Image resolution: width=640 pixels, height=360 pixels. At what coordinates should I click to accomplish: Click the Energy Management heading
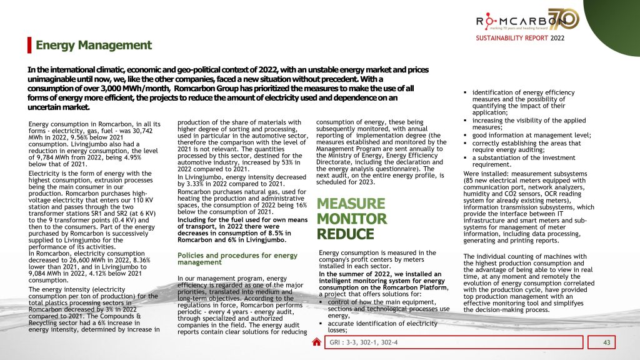pos(94,45)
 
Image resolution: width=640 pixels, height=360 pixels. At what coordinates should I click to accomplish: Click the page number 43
pos(606,342)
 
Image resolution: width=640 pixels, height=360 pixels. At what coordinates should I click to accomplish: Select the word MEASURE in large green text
pos(351,204)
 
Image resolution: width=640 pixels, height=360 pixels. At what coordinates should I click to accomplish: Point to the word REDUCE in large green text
pos(345,234)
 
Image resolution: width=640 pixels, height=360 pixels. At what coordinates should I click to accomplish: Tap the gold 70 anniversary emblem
pos(564,19)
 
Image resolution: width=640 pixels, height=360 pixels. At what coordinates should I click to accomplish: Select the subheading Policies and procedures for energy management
pos(237,259)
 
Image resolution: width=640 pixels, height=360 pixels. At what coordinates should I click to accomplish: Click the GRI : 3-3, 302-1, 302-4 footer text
pos(364,342)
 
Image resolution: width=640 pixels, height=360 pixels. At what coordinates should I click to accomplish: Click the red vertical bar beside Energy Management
pos(29,45)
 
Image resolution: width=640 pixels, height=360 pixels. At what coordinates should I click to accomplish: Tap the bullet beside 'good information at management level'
pos(466,134)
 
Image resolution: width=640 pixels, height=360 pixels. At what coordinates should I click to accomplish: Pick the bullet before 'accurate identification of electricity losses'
pos(321,323)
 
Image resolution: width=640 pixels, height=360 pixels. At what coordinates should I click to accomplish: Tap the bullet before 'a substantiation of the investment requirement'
pos(466,157)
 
